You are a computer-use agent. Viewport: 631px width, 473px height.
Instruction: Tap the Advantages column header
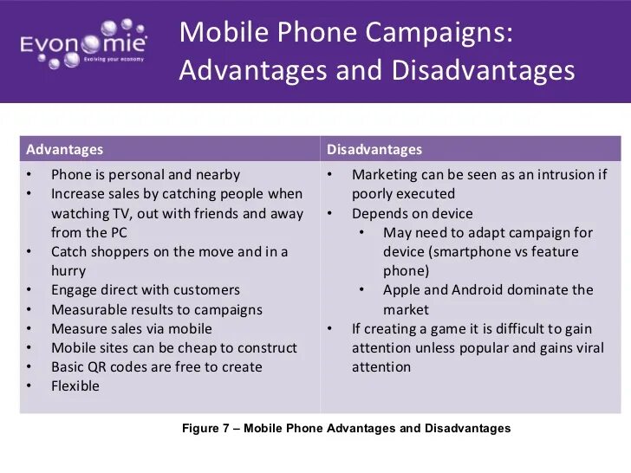[x=65, y=150]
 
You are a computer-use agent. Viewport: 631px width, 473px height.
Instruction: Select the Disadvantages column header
[x=374, y=150]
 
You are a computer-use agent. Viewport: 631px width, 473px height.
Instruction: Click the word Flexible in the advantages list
[x=75, y=386]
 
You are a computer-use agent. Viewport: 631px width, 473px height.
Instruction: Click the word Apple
[x=403, y=290]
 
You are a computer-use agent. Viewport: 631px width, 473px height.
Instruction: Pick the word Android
[x=478, y=290]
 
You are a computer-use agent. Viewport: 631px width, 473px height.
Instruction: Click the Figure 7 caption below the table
[x=346, y=429]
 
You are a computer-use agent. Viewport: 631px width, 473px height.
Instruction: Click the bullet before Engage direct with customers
[x=29, y=290]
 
